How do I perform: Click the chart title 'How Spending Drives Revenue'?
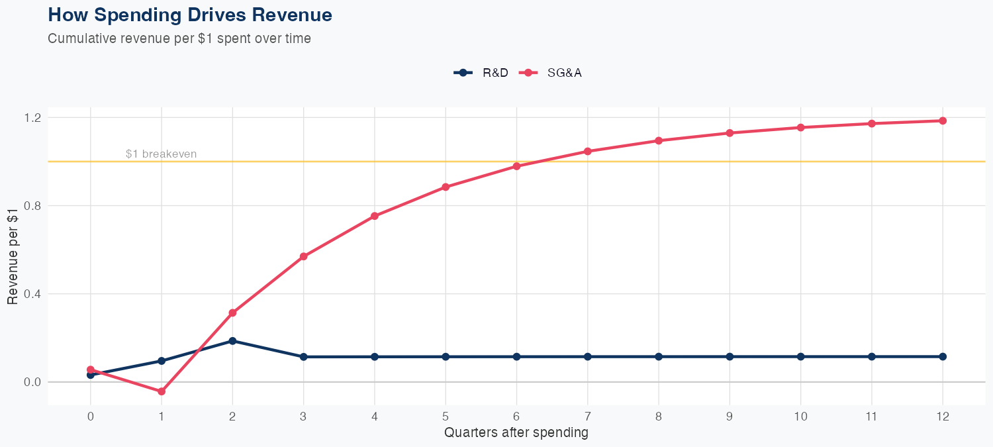click(190, 15)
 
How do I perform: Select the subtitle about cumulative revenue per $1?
click(179, 38)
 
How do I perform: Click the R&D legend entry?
click(481, 73)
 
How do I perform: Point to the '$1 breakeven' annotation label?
click(161, 154)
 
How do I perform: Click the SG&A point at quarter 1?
click(162, 391)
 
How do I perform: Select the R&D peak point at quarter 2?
click(232, 341)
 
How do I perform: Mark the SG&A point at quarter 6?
click(516, 166)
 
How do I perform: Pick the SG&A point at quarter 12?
click(943, 121)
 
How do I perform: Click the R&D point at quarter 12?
click(943, 356)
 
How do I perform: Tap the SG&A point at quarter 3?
click(304, 256)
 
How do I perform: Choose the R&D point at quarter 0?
click(91, 375)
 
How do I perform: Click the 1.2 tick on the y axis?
click(33, 117)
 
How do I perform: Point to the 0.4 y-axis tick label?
click(33, 293)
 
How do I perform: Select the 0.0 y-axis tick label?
click(33, 382)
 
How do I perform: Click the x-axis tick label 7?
click(587, 417)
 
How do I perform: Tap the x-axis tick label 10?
click(800, 417)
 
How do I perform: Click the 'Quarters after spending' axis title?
click(516, 433)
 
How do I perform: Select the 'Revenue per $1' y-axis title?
click(13, 254)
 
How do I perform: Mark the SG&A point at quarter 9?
click(730, 133)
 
